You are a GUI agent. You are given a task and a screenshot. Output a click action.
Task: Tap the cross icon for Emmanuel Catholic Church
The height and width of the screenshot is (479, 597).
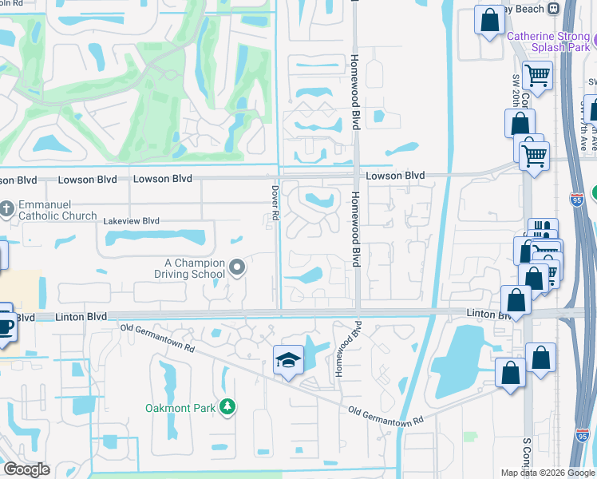tap(7, 208)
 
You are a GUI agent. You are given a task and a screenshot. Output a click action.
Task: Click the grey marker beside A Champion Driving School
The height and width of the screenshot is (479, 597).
tap(237, 267)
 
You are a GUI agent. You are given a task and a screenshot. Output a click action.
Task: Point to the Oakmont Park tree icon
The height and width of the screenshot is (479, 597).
tap(227, 408)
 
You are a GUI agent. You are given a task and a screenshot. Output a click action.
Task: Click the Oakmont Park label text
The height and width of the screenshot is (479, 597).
tap(180, 408)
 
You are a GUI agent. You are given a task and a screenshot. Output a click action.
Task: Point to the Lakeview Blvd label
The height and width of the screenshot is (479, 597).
tap(131, 220)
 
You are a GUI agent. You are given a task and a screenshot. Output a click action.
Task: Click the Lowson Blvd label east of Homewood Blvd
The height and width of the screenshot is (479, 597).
tap(395, 176)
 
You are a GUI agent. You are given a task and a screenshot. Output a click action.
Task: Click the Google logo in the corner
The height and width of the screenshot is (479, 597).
tap(26, 469)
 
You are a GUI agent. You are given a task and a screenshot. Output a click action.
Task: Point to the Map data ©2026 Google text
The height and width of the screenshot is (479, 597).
tap(547, 473)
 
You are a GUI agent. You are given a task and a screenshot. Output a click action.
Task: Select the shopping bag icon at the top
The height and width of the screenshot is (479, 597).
tap(488, 19)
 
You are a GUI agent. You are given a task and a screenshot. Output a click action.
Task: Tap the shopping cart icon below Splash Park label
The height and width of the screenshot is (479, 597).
tap(537, 75)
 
